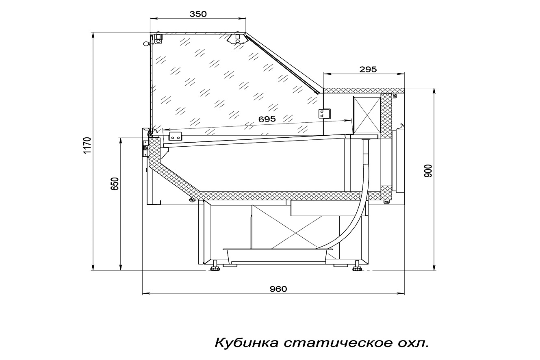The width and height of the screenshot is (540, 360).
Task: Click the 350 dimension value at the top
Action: tap(198, 14)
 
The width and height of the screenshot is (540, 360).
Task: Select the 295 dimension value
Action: tap(368, 69)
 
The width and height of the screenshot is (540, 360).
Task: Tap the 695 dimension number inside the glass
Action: tap(267, 119)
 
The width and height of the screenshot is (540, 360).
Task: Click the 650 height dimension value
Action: tap(115, 184)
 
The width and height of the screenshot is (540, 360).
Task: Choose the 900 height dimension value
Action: tap(428, 171)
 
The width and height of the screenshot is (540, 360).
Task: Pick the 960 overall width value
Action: tap(278, 289)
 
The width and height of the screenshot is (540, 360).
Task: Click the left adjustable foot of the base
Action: tap(215, 268)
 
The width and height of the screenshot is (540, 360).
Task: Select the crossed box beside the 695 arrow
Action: tap(367, 115)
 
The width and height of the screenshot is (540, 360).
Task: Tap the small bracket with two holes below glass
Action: tap(175, 136)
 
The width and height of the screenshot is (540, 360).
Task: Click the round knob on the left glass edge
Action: tap(146, 43)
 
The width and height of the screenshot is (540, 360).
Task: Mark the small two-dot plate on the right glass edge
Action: tap(325, 114)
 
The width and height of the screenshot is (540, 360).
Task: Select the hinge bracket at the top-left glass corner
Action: tap(158, 39)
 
